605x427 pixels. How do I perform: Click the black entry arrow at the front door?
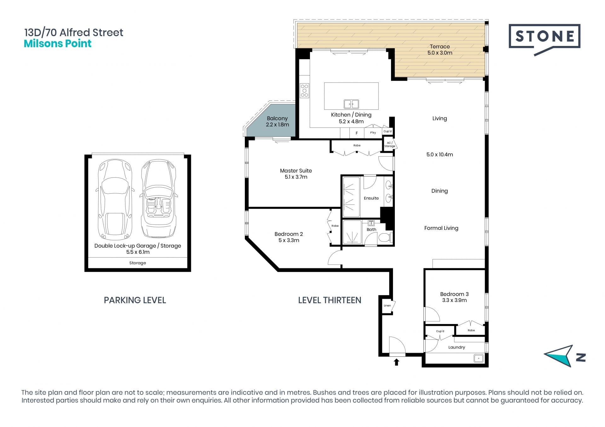(396, 362)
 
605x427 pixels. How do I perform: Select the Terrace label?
(440, 47)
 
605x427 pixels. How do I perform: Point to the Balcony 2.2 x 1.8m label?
(277, 121)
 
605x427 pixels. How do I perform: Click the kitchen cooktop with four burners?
(304, 91)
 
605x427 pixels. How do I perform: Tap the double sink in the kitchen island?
(351, 104)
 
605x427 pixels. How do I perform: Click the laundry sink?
(479, 358)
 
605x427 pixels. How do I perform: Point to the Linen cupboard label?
(387, 305)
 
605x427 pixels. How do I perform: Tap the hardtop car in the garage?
(115, 200)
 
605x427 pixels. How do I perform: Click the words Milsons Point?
(58, 43)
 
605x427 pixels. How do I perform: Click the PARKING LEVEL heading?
(135, 300)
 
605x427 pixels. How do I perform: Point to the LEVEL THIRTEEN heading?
(330, 300)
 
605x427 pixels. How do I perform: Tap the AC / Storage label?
(390, 145)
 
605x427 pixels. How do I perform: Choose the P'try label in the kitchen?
(373, 133)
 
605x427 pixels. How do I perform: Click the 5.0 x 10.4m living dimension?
(440, 155)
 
